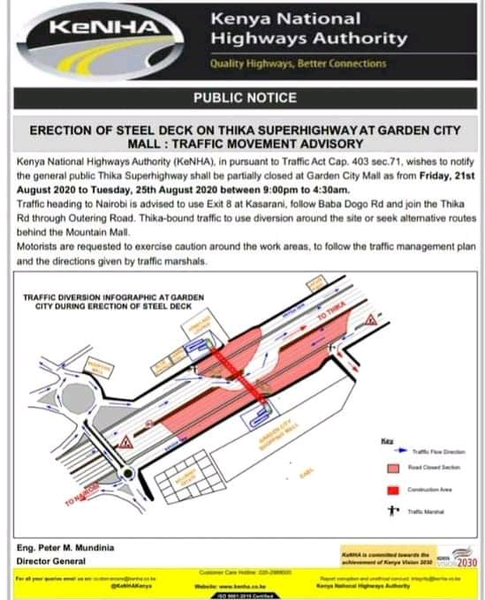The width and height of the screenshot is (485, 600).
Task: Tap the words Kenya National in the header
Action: [x=284, y=18]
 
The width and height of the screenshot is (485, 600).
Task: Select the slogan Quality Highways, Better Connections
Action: [x=298, y=64]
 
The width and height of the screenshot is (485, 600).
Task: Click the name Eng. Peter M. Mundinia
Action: [x=66, y=548]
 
